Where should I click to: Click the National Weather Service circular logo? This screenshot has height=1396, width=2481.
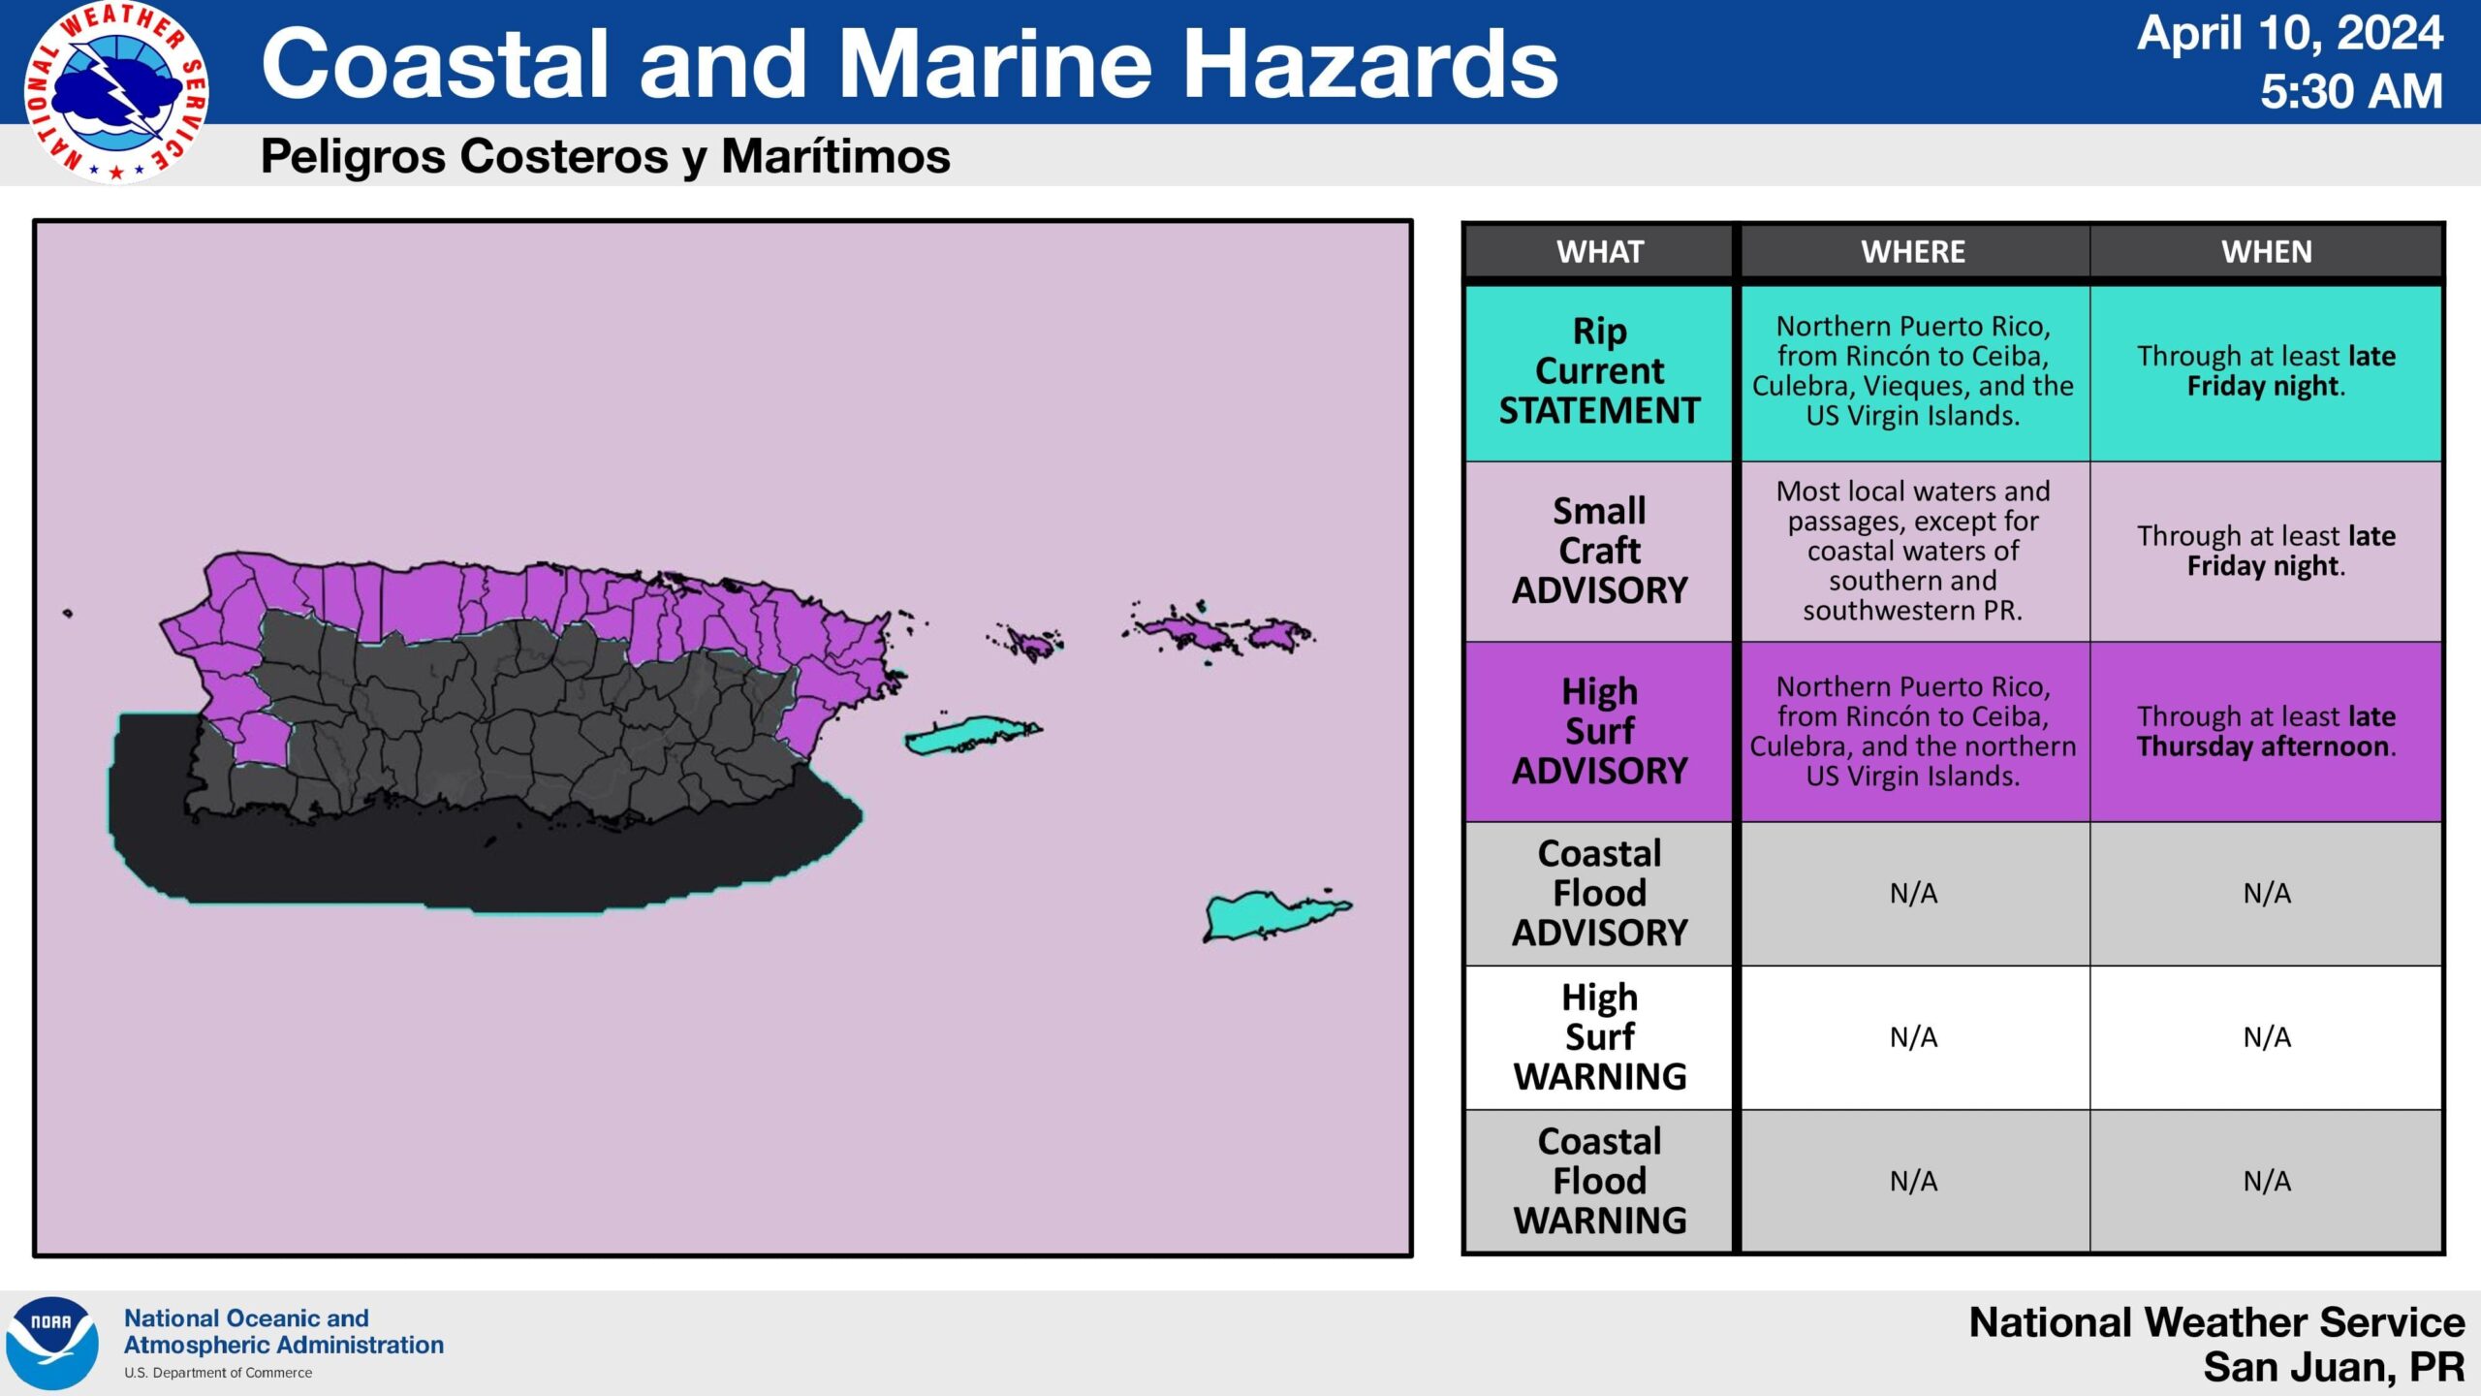(x=116, y=92)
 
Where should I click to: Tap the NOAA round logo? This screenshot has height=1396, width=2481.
(x=51, y=1343)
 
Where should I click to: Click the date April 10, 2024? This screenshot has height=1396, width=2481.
(x=2290, y=33)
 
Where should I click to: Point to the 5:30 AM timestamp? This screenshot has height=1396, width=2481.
(x=2351, y=92)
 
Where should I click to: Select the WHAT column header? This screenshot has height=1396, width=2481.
(x=1600, y=252)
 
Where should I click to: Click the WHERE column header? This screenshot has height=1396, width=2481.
(x=1913, y=252)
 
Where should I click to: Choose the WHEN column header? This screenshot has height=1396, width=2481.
(x=2267, y=252)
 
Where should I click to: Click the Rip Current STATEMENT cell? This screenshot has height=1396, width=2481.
(x=1600, y=371)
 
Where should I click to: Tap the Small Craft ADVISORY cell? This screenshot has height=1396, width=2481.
(x=1600, y=551)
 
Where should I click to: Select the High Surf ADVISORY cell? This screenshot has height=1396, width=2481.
(x=1600, y=731)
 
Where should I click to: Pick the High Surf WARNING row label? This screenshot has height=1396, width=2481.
(x=1600, y=1037)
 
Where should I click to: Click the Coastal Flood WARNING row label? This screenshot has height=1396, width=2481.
(x=1600, y=1181)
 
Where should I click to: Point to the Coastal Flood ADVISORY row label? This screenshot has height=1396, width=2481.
(x=1600, y=893)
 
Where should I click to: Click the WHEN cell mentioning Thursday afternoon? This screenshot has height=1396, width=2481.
(x=2267, y=731)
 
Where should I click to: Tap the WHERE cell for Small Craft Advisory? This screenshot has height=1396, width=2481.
(x=1913, y=551)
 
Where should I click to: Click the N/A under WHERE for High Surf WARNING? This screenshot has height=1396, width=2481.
(x=1913, y=1037)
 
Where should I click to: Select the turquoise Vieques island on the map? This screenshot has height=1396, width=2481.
(x=969, y=736)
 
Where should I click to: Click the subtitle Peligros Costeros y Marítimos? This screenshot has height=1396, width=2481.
(x=606, y=156)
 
